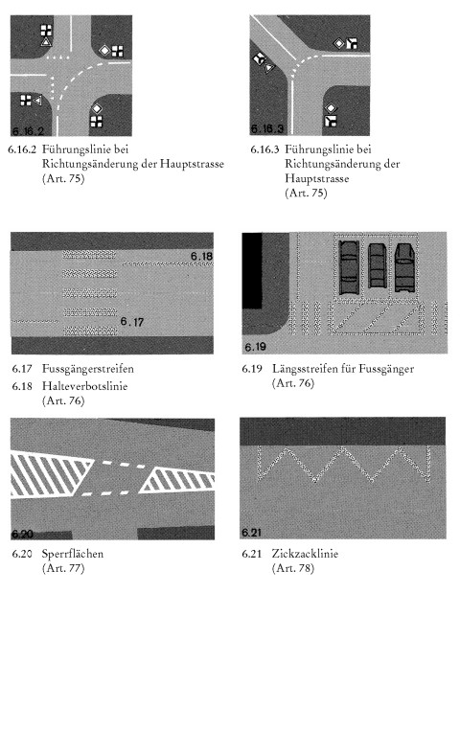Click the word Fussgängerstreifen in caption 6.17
[88, 369]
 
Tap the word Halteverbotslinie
[84, 386]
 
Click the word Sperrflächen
[73, 554]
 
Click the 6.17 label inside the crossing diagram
[132, 322]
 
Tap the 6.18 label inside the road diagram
[201, 256]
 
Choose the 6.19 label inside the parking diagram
[255, 347]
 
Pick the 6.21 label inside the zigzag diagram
[251, 532]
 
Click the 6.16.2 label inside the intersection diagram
[28, 131]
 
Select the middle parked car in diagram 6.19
[376, 265]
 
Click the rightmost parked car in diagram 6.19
[404, 267]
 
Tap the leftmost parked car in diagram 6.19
[349, 268]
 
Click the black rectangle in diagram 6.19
[252, 271]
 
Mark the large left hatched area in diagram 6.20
[49, 474]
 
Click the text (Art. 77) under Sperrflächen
[63, 568]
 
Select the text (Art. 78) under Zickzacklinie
[293, 568]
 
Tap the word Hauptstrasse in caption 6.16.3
[317, 178]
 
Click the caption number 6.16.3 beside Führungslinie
[264, 149]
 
